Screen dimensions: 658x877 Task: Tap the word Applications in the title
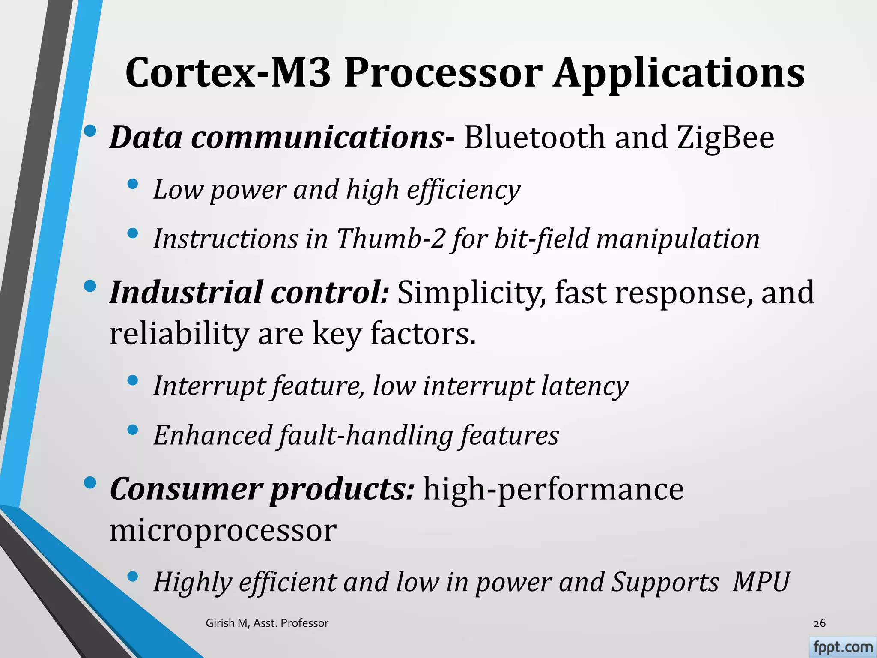679,73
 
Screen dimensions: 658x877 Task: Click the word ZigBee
726,138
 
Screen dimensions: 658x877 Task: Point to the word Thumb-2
391,239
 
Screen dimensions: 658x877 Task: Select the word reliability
179,334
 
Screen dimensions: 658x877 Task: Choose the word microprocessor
223,530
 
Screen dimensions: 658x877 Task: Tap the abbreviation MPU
761,583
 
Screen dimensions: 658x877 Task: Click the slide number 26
819,623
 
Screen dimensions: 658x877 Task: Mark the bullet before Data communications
90,132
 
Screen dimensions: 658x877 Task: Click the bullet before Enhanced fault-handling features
133,430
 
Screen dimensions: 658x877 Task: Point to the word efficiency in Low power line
463,190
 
